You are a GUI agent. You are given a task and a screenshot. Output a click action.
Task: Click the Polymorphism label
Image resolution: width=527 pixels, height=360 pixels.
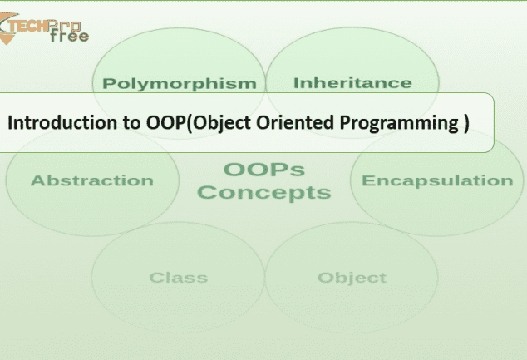(180, 84)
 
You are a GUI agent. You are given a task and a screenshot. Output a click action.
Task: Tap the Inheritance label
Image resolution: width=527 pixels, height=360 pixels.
(352, 83)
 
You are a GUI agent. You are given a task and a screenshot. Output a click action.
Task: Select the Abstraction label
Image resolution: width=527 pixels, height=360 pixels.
(92, 180)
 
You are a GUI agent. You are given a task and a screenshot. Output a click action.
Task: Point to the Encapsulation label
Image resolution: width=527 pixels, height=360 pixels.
(437, 181)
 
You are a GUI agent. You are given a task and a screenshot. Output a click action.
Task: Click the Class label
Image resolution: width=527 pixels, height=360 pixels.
(179, 278)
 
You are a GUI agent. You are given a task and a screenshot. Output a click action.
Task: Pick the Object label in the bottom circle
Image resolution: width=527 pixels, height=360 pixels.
(352, 279)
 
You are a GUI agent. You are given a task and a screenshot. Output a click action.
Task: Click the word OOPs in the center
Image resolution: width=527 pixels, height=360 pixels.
(264, 170)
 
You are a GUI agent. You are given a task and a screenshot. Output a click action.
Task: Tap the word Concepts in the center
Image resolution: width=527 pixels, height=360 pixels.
(264, 193)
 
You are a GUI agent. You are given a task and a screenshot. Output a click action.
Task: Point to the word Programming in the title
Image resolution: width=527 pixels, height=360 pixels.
(399, 123)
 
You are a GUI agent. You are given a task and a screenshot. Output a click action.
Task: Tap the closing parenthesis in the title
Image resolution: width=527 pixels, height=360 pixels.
(466, 123)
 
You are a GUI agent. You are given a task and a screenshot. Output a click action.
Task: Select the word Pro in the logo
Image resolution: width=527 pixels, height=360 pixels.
(64, 26)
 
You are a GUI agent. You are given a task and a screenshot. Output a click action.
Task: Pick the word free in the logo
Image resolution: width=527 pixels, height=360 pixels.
(70, 37)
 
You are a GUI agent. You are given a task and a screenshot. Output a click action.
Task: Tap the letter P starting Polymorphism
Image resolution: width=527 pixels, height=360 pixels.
(108, 83)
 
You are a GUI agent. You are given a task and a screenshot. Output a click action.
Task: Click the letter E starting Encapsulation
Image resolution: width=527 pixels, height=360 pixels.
(367, 180)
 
